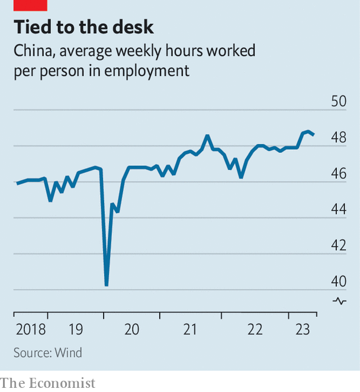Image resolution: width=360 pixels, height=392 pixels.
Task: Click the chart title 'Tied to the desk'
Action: pos(83,27)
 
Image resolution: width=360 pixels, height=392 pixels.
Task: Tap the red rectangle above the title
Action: pos(30,5)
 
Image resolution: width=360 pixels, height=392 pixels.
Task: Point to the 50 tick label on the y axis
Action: pos(338,101)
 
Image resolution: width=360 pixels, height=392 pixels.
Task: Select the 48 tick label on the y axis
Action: pos(338,137)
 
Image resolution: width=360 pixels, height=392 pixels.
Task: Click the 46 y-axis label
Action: pos(338,173)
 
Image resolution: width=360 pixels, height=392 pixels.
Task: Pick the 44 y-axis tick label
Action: pos(338,209)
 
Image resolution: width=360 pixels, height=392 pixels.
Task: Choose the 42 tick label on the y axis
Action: pos(338,245)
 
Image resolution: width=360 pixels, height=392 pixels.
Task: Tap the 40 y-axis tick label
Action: pos(338,281)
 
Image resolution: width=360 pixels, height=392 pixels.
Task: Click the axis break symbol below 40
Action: pos(339,301)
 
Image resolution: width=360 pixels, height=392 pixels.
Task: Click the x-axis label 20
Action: pos(131,329)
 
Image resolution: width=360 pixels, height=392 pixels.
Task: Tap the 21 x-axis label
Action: pos(189,329)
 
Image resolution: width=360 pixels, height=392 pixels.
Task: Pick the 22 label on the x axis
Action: pos(255,329)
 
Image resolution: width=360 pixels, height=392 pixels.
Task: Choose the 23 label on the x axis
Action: pos(302,329)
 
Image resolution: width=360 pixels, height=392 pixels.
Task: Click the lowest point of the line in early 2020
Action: pos(107,285)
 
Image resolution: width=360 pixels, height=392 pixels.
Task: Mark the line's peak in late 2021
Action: pos(207,136)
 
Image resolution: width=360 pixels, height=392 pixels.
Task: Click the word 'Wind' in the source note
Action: pos(68,353)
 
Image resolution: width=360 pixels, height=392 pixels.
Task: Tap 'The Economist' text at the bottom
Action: pos(47,383)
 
